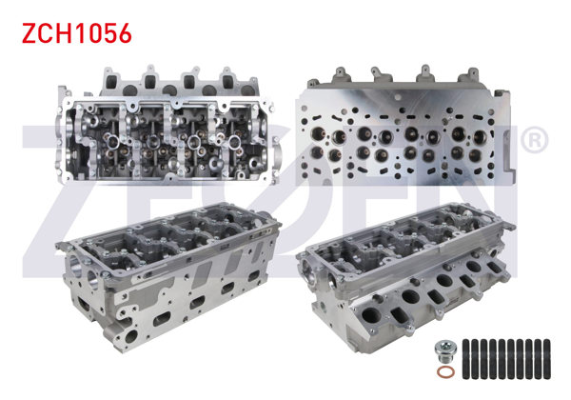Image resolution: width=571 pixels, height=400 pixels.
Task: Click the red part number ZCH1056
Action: [x=76, y=33]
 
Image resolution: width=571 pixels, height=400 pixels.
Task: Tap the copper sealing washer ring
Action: [x=446, y=372]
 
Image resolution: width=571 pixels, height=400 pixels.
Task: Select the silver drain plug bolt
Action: [x=445, y=351]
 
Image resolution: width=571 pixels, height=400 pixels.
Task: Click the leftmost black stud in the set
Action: [x=466, y=359]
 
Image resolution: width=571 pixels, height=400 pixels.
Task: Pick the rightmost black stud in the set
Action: [x=546, y=359]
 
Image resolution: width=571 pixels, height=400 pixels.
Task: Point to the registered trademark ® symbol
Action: [x=534, y=140]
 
